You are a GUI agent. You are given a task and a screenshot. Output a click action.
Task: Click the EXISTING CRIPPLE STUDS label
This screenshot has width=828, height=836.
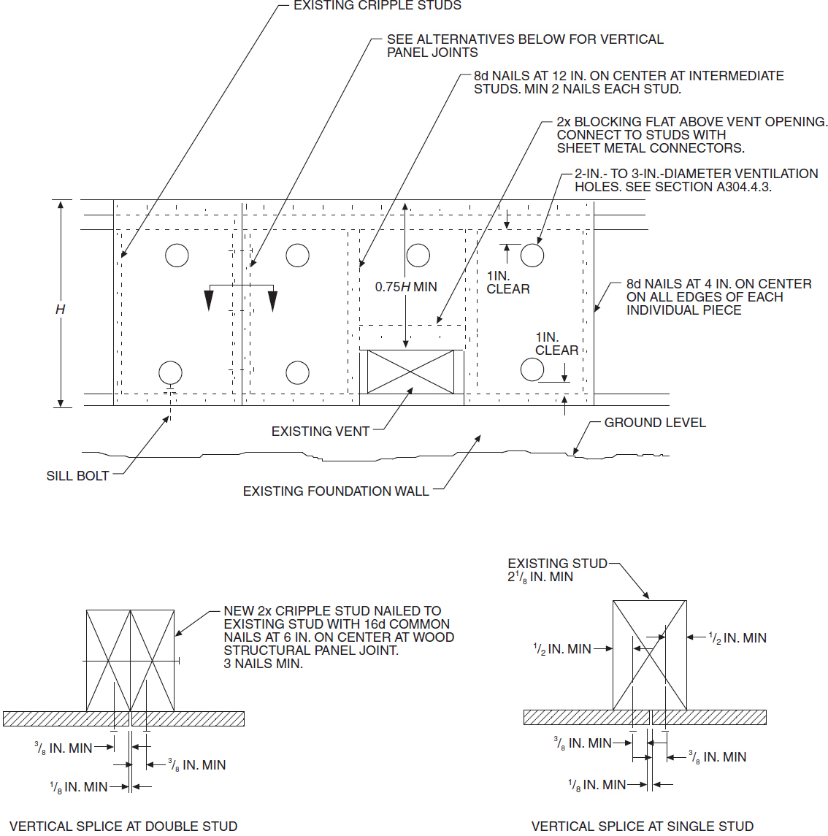point(377,6)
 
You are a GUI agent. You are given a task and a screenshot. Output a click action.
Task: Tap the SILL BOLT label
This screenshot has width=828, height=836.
point(77,476)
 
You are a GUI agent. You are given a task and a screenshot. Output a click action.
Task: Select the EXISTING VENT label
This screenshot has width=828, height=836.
point(320,432)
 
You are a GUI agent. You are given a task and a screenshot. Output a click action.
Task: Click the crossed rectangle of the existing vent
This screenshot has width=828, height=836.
point(410,372)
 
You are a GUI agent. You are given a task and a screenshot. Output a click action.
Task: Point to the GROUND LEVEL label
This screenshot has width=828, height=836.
point(654,423)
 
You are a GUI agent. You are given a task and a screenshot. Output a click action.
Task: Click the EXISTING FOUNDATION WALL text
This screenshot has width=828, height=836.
point(335,491)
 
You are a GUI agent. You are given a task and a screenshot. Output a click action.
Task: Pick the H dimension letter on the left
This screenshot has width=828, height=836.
point(60,310)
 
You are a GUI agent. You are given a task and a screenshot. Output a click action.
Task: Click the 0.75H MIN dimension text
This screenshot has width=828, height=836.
point(405,287)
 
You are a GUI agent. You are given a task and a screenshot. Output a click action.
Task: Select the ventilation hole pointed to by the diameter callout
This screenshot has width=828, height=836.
point(532,255)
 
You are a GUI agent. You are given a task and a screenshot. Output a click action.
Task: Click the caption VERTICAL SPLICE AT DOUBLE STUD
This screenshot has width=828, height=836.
point(123,826)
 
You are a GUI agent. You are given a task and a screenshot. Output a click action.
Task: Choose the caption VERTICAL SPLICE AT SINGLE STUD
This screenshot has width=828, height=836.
point(642,826)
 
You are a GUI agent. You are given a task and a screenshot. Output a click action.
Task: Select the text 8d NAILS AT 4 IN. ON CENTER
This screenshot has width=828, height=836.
point(718,284)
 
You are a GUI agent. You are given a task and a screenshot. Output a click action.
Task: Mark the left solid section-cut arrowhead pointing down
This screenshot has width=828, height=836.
point(209,300)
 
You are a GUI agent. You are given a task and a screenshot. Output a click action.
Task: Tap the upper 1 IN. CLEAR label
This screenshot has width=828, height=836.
point(507,283)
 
